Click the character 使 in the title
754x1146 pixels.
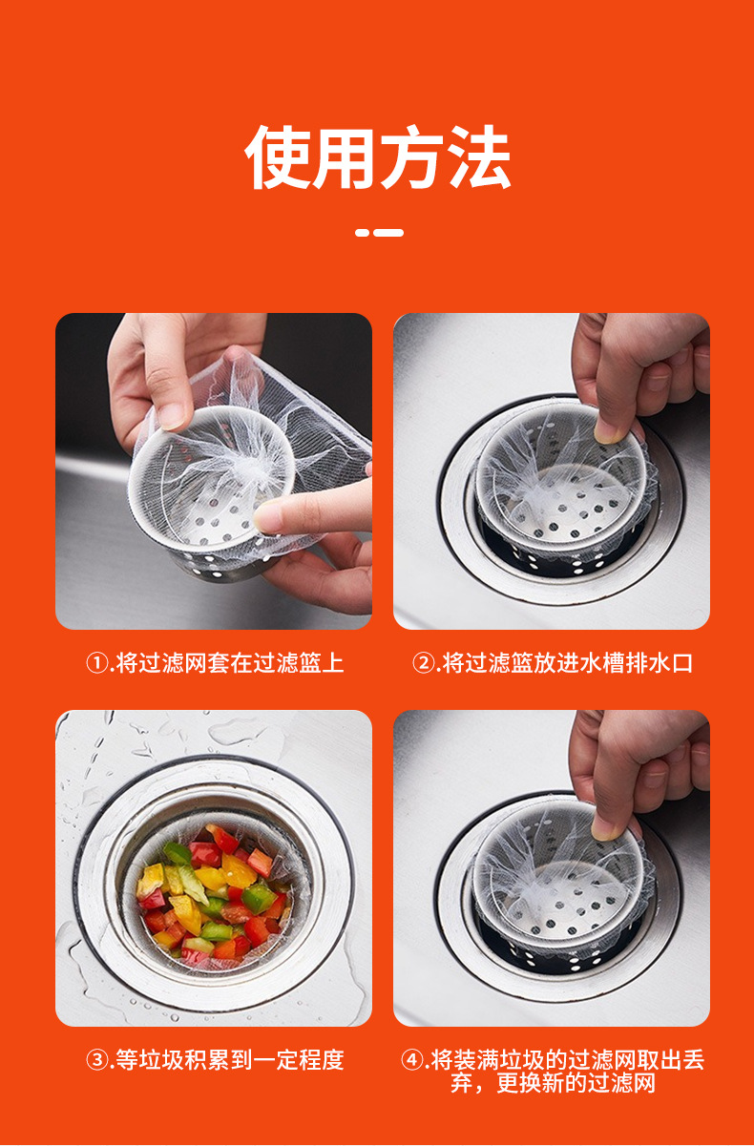(x=277, y=156)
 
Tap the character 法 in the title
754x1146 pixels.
(x=478, y=156)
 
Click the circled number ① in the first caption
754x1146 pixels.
(x=96, y=663)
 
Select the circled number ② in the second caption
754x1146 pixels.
(x=424, y=663)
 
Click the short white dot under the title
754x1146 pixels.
(x=362, y=233)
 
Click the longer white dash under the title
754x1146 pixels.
(x=388, y=233)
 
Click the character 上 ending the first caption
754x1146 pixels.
(x=333, y=663)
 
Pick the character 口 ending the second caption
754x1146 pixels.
(x=681, y=663)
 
